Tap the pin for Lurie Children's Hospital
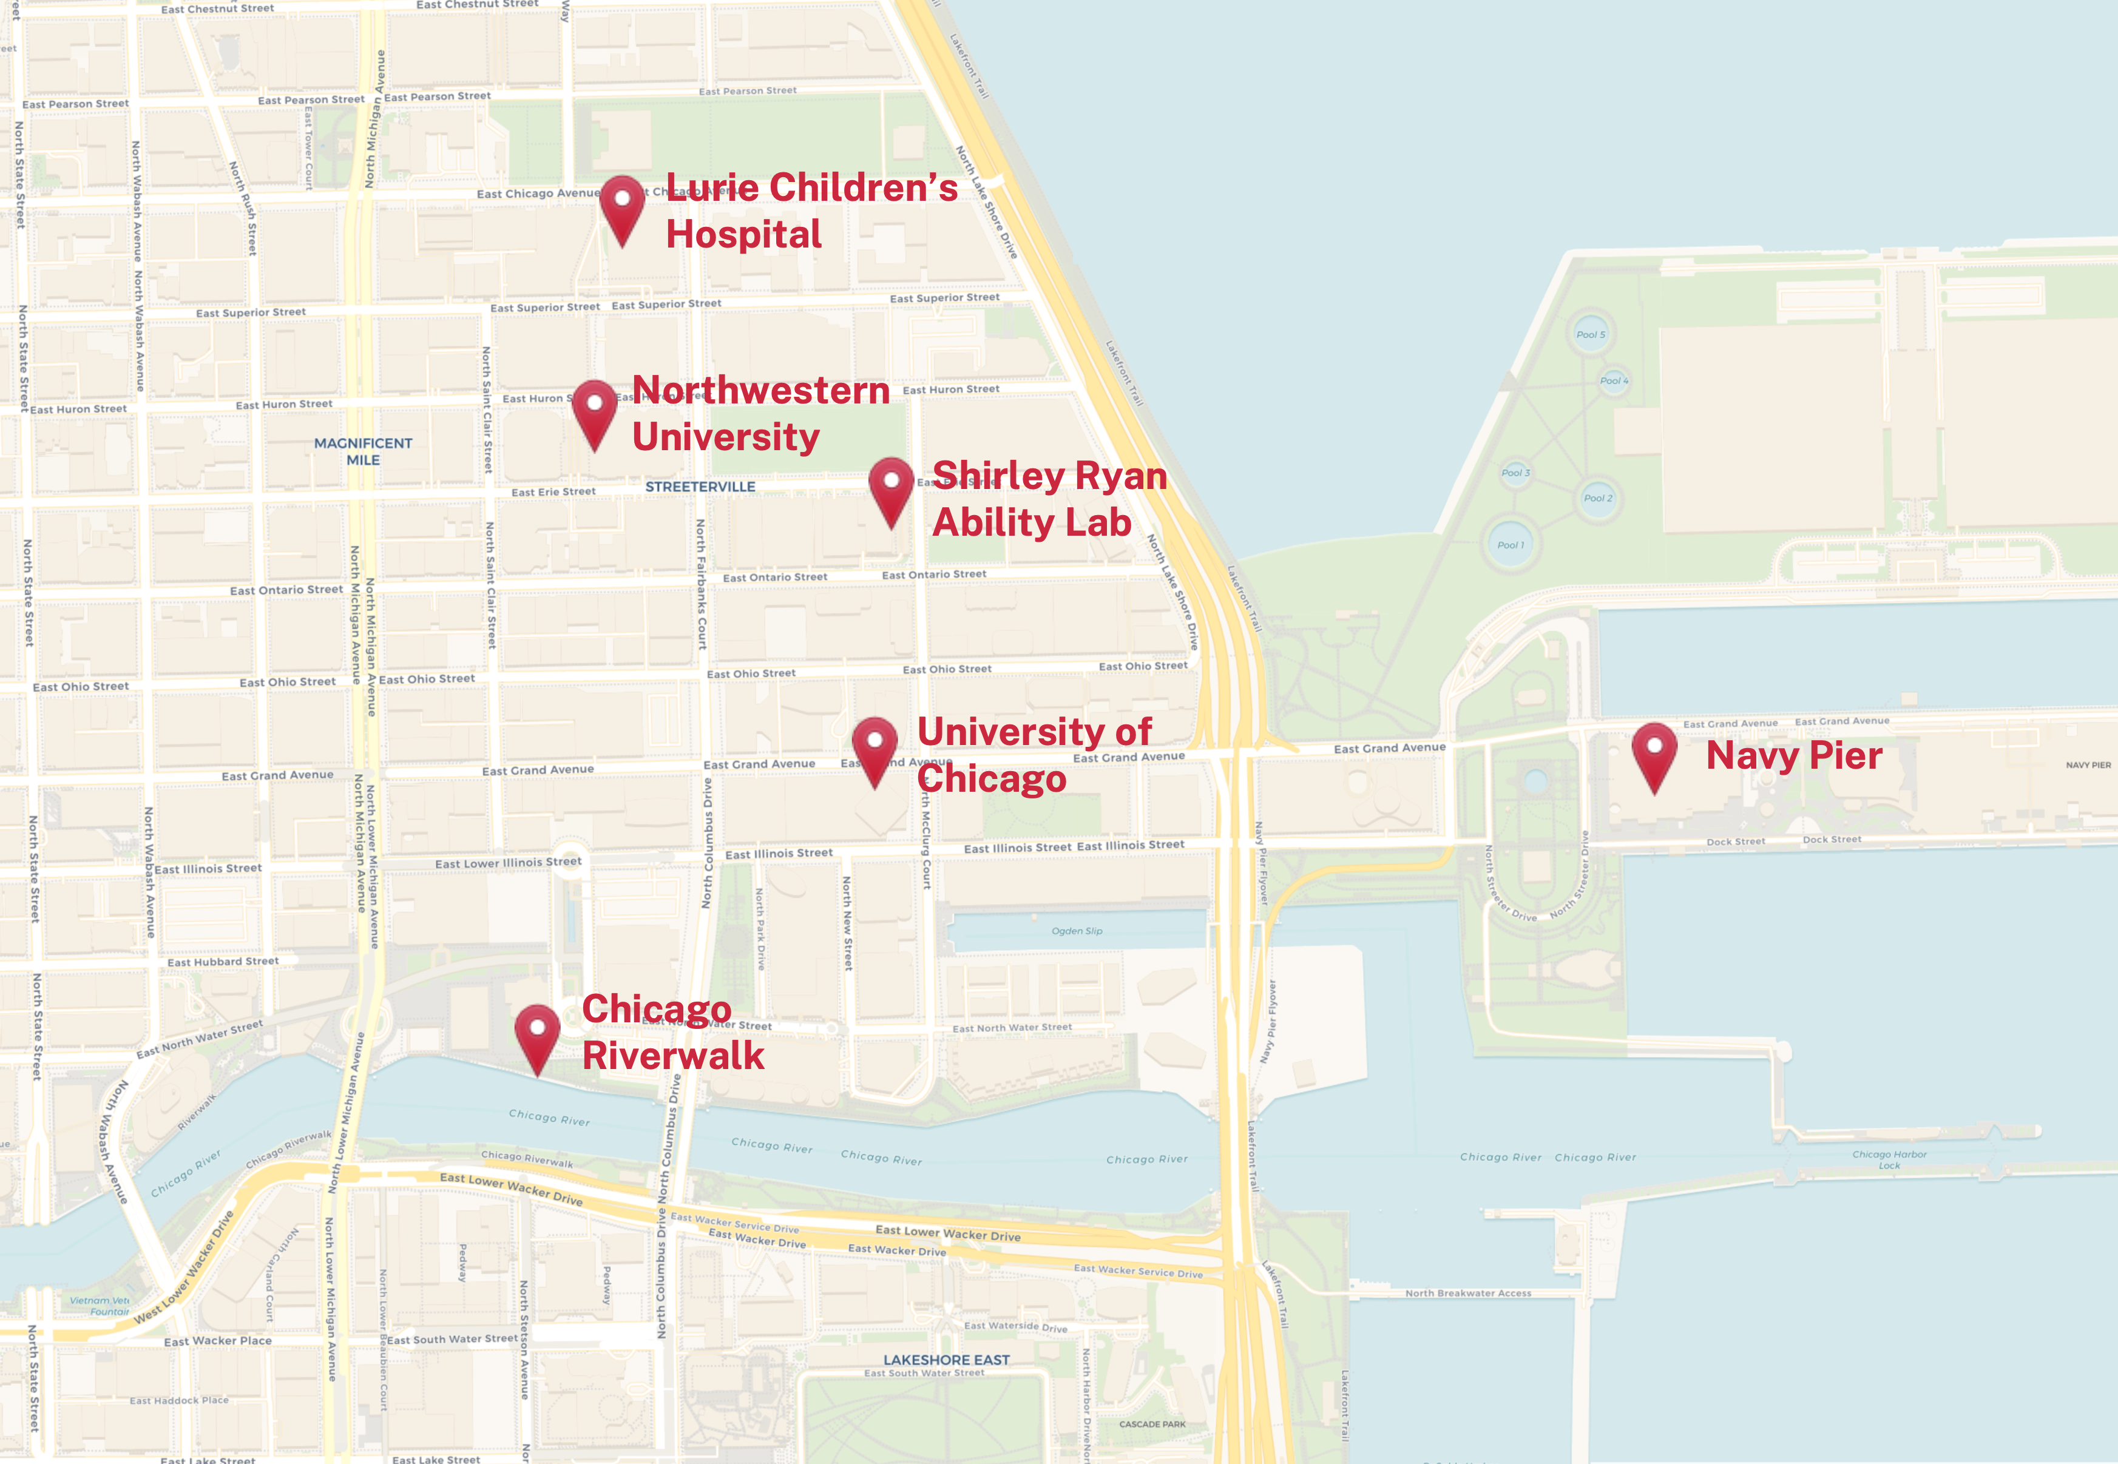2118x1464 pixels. point(622,204)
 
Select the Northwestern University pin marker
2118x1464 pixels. point(594,408)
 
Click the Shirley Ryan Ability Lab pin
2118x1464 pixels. point(891,485)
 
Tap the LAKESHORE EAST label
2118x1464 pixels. point(946,1360)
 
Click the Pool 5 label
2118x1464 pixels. point(1591,335)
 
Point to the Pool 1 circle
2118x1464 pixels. point(1510,545)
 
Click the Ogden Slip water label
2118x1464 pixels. point(1076,931)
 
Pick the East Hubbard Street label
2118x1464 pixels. point(222,961)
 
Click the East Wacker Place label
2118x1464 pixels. point(217,1341)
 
